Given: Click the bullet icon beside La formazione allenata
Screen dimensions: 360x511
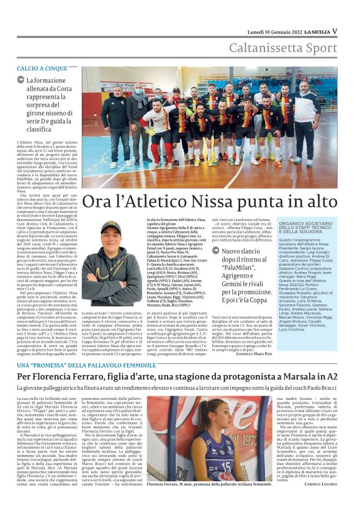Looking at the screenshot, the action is (21, 81).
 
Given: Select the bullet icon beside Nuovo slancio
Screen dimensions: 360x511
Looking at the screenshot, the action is (216, 251).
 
